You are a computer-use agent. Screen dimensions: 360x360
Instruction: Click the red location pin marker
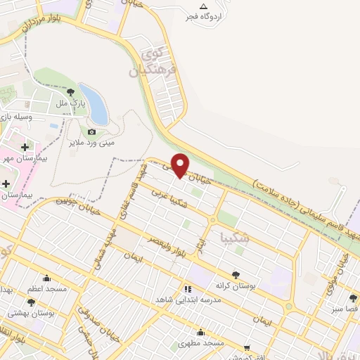point(181,165)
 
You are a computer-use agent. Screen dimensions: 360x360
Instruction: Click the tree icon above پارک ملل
point(70,92)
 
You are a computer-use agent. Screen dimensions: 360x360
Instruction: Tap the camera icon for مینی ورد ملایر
point(92,131)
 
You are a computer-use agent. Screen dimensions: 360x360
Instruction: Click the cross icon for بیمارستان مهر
point(26,147)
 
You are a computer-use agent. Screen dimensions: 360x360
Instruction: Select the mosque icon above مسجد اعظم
point(48,278)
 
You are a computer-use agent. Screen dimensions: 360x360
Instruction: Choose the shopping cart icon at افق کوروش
point(247,347)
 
